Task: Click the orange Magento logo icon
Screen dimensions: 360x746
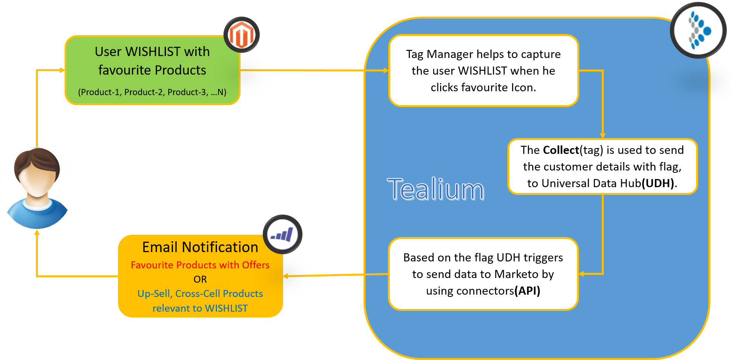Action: point(241,35)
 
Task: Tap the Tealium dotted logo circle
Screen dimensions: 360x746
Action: point(698,30)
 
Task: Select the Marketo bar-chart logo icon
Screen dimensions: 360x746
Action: point(282,234)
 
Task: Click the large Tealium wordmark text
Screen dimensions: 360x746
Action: point(435,189)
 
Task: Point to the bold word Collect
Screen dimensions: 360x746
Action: point(561,150)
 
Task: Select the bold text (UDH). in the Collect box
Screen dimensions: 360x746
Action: point(659,183)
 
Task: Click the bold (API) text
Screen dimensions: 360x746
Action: point(527,291)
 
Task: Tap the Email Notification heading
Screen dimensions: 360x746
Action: point(200,247)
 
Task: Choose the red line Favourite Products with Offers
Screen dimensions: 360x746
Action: point(200,265)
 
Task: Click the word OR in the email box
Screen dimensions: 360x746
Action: point(200,279)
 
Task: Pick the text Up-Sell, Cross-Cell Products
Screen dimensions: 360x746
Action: point(200,293)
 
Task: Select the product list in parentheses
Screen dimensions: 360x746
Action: point(152,92)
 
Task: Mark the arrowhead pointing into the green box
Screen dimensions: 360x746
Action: point(62,70)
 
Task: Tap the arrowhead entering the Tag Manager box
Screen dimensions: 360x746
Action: point(386,70)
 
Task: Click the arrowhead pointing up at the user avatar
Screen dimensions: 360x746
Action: point(37,232)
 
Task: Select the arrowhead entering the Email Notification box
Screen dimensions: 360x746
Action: point(286,276)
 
